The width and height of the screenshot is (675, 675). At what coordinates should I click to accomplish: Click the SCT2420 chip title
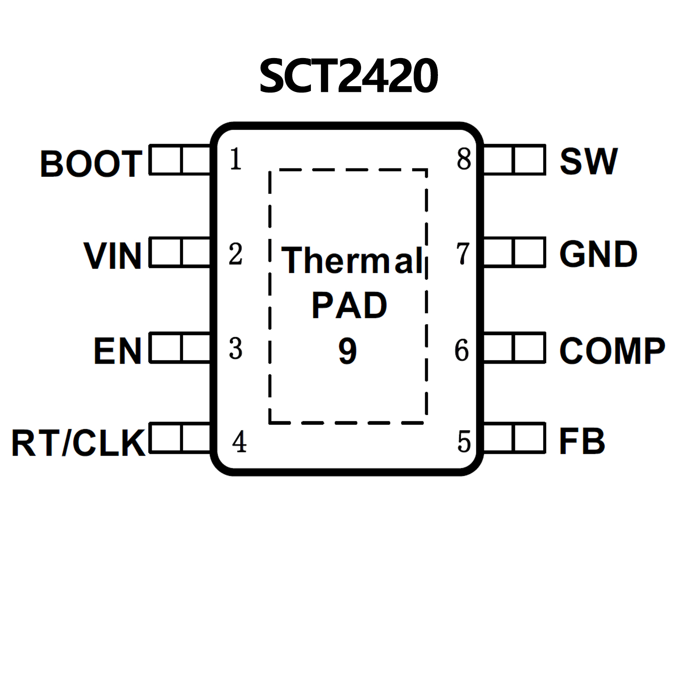tap(348, 76)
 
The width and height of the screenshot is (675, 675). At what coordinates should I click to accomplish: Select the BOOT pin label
tap(91, 164)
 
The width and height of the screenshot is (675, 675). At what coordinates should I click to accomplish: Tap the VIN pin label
tap(113, 255)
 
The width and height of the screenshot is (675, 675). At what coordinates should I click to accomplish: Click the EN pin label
tap(117, 350)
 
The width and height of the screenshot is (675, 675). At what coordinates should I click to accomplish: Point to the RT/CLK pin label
tap(78, 442)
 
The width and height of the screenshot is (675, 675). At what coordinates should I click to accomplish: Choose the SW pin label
tap(588, 161)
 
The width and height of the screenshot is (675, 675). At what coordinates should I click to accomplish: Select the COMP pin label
tap(612, 350)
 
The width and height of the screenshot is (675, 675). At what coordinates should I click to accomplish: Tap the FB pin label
tap(582, 441)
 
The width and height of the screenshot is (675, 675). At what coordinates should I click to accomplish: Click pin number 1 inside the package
tap(236, 159)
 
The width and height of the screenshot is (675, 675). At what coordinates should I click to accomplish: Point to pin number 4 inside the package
tap(239, 441)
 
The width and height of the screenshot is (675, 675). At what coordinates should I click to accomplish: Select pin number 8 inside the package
tap(464, 159)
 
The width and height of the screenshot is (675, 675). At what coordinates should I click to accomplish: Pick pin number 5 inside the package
tap(464, 441)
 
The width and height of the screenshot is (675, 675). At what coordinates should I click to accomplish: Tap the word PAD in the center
tap(349, 305)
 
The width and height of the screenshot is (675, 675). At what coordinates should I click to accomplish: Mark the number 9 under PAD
tap(347, 351)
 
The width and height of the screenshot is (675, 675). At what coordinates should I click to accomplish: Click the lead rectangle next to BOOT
tap(180, 160)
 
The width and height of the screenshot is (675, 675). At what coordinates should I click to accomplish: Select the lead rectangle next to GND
tap(514, 252)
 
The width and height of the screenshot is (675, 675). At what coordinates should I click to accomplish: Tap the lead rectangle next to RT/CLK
tap(180, 438)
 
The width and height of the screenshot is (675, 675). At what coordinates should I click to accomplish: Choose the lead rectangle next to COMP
tap(514, 348)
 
